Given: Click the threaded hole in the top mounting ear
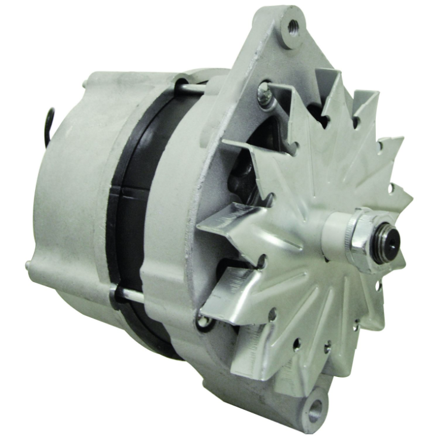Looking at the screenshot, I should point(292,26).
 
